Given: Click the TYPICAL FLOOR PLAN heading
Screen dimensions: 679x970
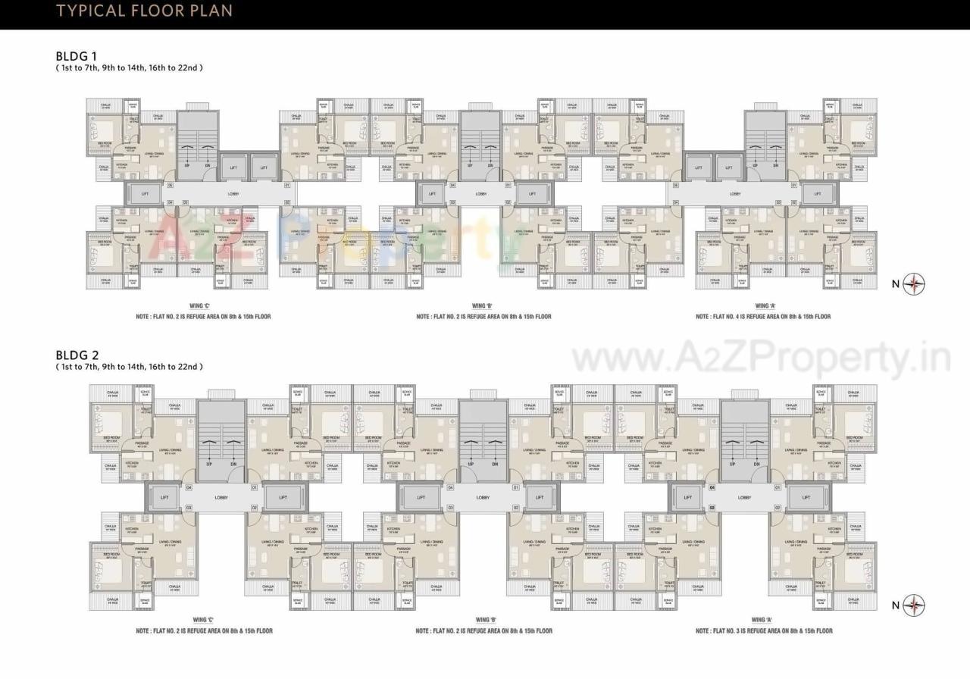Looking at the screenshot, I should click(x=145, y=11).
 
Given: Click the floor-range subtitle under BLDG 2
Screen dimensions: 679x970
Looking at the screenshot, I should click(x=129, y=367).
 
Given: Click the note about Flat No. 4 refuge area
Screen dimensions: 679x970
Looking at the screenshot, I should click(x=762, y=317).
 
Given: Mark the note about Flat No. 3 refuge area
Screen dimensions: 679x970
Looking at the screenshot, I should click(x=764, y=630).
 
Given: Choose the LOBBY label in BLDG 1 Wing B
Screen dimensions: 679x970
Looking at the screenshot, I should click(x=481, y=194).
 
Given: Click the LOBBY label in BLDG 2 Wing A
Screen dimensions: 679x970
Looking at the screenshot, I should click(x=744, y=498).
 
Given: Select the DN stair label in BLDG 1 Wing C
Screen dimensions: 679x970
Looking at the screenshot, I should click(x=208, y=164).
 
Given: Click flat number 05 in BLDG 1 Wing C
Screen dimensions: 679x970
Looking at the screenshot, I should click(x=171, y=185).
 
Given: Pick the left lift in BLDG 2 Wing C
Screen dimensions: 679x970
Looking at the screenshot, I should click(x=163, y=498).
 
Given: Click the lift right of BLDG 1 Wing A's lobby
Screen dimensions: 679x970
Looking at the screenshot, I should click(x=817, y=194).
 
